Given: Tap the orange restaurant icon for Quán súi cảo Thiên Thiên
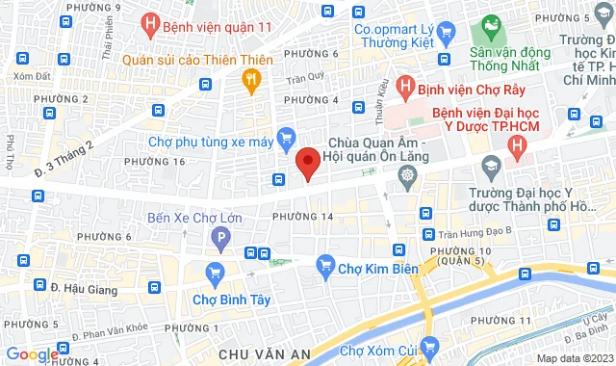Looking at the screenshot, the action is (x=252, y=81).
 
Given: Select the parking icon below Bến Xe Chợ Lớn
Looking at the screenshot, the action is (x=220, y=238).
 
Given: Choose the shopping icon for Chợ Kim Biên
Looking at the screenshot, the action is (x=325, y=264).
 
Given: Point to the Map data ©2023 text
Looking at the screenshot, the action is (x=574, y=358).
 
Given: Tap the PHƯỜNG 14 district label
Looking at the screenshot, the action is (x=302, y=217).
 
